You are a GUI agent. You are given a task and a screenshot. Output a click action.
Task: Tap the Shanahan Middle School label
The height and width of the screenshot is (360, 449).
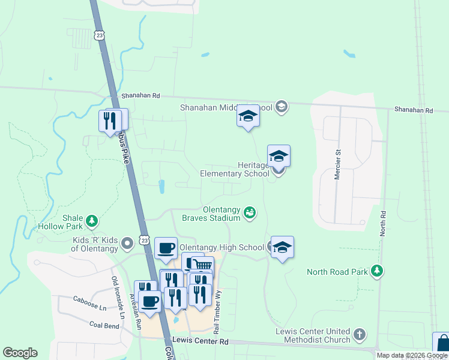point(227,108)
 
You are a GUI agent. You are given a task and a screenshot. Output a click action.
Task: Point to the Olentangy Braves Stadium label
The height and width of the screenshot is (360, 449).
point(212,214)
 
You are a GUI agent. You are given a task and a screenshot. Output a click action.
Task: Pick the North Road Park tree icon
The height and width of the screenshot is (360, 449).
point(377,271)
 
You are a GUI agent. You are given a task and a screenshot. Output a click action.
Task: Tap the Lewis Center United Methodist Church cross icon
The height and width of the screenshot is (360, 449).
point(359,334)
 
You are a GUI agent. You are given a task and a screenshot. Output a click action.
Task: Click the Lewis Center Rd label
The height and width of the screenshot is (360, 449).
point(200,341)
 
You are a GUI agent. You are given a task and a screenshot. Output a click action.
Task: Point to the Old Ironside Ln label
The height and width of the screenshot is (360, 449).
point(118,298)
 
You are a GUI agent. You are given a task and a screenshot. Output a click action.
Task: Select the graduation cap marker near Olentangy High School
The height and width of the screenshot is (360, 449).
point(282,247)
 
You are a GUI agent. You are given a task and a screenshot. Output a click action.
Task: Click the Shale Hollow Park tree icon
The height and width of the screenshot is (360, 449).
point(92,222)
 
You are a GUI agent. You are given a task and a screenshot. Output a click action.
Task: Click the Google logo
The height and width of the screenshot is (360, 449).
point(20,353)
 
